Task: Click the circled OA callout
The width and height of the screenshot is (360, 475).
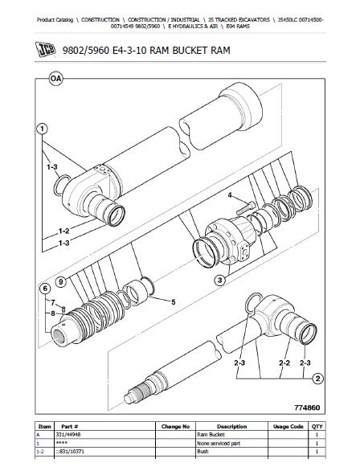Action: coord(55,78)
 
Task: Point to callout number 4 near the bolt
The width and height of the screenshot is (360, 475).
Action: coord(230,195)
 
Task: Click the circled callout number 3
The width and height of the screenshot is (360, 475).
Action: coord(219,280)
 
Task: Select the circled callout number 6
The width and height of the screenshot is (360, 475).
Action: coord(47,288)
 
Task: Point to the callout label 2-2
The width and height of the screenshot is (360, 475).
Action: coord(282,362)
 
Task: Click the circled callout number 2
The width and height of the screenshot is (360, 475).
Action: coord(318,378)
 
